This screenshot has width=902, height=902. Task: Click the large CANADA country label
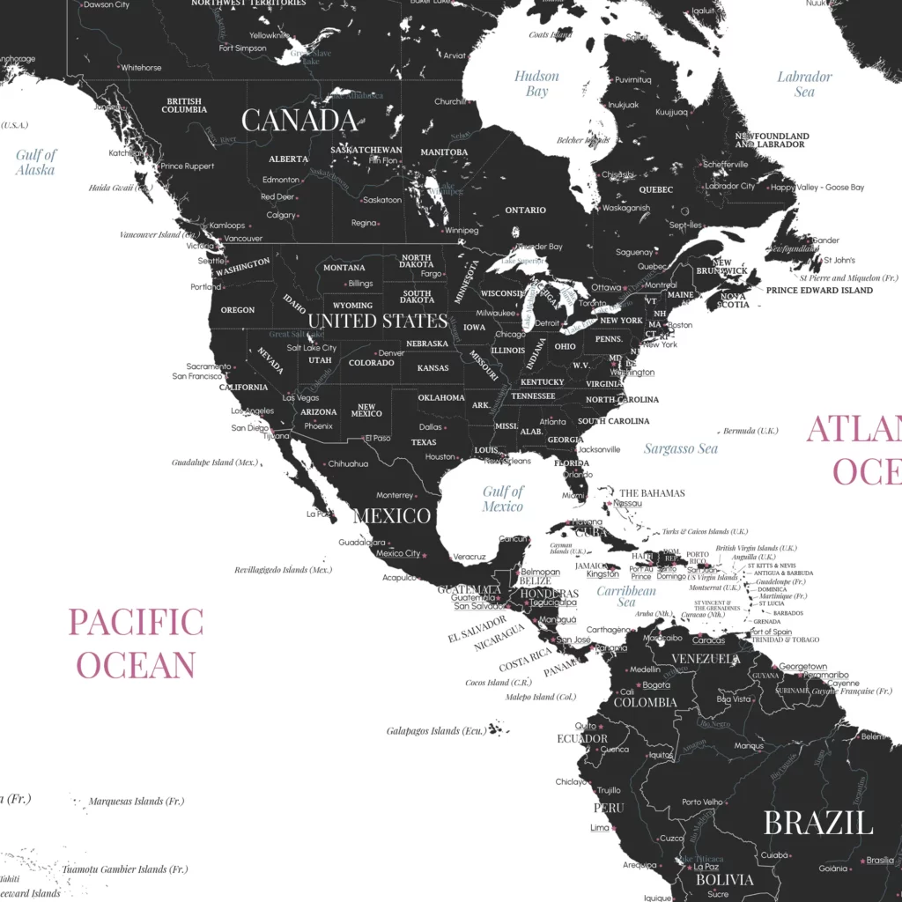(x=299, y=121)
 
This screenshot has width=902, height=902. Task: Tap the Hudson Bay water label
(x=536, y=84)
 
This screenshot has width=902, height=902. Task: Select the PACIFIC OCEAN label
(x=136, y=643)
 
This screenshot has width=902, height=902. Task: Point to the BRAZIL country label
(x=818, y=823)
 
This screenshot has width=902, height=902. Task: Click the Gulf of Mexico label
(x=503, y=499)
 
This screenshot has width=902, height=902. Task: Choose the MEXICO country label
(x=391, y=515)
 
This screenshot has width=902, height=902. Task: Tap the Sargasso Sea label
(x=680, y=448)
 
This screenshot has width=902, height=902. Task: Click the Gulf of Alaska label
(x=36, y=162)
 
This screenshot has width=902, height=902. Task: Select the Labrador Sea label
(x=803, y=84)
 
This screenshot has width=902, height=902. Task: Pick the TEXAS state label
(x=424, y=442)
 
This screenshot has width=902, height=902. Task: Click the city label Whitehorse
(x=141, y=68)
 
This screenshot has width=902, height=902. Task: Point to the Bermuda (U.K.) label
(x=750, y=431)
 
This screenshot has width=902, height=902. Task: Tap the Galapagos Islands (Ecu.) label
(x=435, y=731)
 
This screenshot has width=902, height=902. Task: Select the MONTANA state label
(x=344, y=268)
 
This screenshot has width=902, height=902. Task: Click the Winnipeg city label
(x=462, y=231)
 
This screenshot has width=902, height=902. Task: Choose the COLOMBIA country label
(x=645, y=703)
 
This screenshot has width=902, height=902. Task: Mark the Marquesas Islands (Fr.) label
(x=137, y=802)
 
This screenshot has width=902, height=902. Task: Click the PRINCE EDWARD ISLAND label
(x=819, y=290)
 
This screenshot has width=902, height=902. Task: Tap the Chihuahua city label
(x=348, y=463)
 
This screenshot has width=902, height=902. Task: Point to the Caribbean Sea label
(x=626, y=596)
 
